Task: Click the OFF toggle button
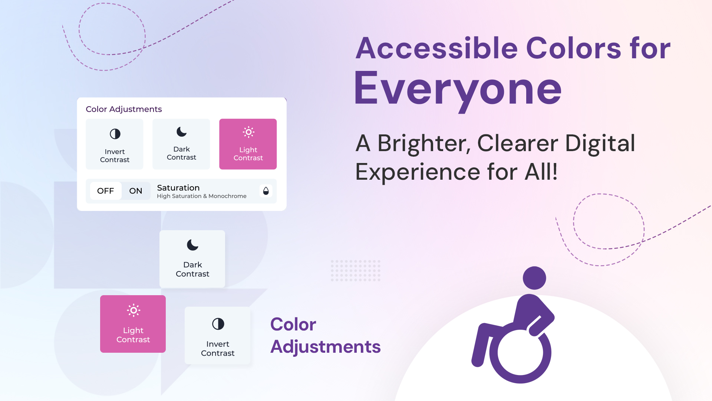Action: click(106, 191)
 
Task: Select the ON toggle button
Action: click(136, 191)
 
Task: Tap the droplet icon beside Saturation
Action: click(266, 191)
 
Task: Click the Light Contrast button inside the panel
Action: click(248, 144)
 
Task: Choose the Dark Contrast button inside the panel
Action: click(181, 144)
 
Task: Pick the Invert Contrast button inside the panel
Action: click(115, 144)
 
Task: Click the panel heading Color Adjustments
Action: click(124, 109)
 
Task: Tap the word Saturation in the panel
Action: click(178, 188)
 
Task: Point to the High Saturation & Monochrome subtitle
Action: click(201, 196)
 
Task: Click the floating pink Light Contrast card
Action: click(133, 324)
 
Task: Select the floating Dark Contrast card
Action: click(192, 259)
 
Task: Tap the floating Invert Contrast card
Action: click(217, 335)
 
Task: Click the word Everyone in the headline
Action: click(458, 89)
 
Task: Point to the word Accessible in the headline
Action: click(436, 48)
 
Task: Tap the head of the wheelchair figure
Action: click(534, 278)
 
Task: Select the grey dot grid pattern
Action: click(356, 271)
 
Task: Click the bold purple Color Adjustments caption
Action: click(325, 335)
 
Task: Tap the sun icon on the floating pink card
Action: click(133, 310)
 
